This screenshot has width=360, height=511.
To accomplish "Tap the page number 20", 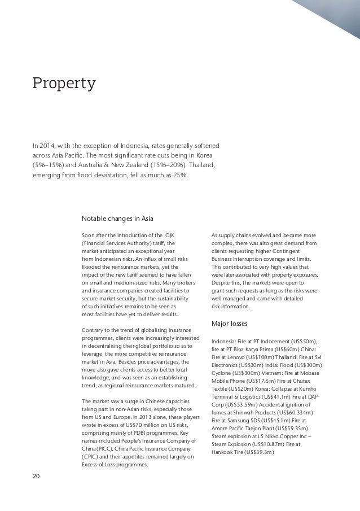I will click(36, 477).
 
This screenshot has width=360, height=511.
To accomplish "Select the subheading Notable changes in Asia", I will click(118, 219).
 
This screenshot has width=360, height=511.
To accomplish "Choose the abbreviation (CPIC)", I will click(91, 457).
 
